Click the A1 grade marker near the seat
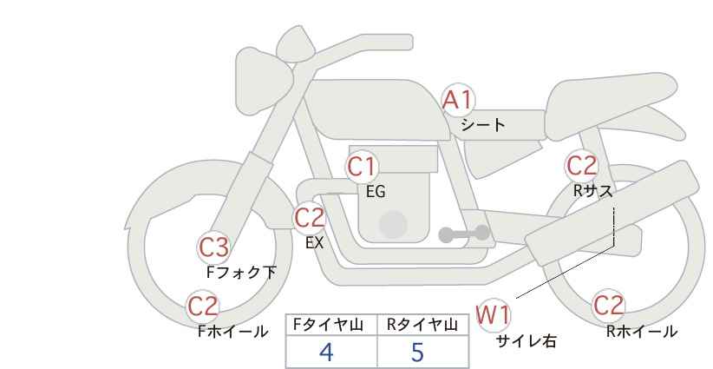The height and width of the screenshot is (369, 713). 458,101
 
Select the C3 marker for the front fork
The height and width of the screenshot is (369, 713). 213,248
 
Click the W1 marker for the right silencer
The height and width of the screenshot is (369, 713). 494,314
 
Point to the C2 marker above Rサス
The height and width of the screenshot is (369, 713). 581,165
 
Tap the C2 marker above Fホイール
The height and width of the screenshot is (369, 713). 204,306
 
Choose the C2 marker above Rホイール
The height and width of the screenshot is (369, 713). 609,306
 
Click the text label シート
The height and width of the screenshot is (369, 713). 482,124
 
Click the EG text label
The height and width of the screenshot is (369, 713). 375,192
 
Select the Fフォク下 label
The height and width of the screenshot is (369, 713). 241,272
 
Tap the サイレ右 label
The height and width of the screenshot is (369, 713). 526,341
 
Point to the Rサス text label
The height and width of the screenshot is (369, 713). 592,191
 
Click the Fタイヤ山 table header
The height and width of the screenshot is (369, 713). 330,325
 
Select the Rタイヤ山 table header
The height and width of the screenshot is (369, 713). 422,325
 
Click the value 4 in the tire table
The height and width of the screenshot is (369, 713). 326,352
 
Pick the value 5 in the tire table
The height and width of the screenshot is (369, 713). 417,352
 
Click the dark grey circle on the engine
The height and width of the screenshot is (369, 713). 394,224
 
